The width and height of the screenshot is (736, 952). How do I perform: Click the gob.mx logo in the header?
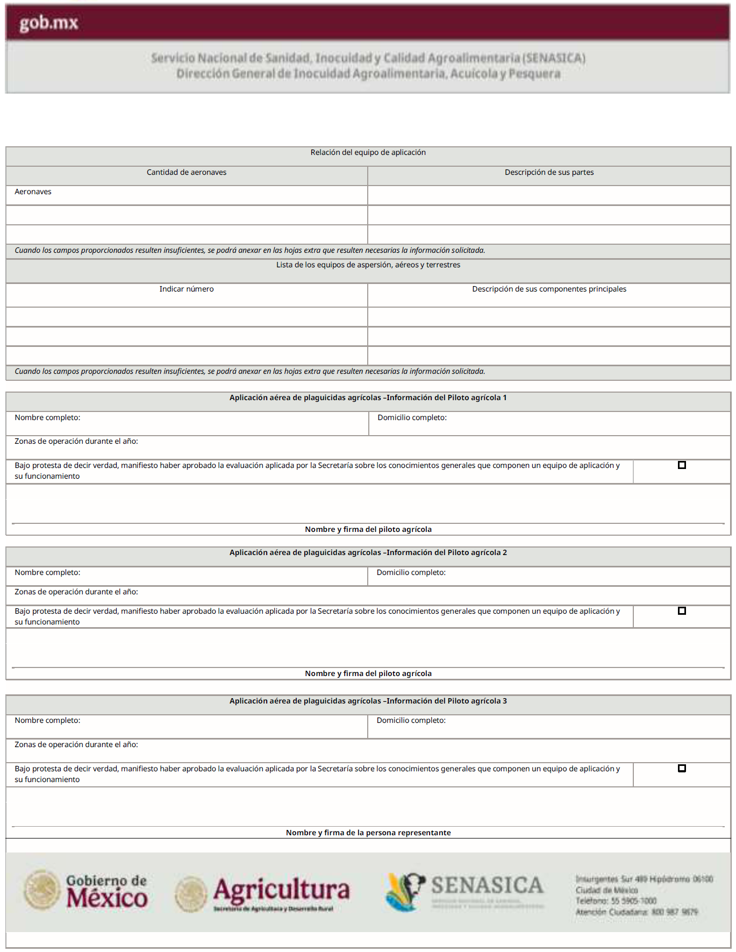pyautogui.click(x=49, y=23)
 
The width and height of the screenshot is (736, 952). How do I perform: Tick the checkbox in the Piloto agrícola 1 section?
pyautogui.click(x=682, y=465)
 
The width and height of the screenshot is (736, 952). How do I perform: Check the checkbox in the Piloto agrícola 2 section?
pyautogui.click(x=682, y=611)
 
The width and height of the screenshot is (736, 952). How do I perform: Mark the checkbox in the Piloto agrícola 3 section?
pyautogui.click(x=682, y=769)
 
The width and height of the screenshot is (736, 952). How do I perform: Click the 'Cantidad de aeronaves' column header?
pyautogui.click(x=187, y=173)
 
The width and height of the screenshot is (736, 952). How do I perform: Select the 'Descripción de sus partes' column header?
pyautogui.click(x=549, y=173)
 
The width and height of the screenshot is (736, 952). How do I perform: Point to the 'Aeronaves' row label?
pyautogui.click(x=33, y=192)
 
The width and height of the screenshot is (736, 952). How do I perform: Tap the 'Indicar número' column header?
pyautogui.click(x=187, y=289)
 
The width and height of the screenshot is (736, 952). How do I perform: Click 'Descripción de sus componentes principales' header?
pyautogui.click(x=549, y=289)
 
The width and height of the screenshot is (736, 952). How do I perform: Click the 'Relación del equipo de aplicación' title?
pyautogui.click(x=368, y=153)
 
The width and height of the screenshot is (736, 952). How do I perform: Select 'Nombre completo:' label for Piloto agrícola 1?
pyautogui.click(x=47, y=418)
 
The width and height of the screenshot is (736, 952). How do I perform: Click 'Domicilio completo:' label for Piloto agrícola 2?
pyautogui.click(x=411, y=573)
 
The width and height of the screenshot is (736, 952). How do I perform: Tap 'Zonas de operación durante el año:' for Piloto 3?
pyautogui.click(x=76, y=745)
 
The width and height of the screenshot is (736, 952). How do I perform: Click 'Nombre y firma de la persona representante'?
pyautogui.click(x=368, y=833)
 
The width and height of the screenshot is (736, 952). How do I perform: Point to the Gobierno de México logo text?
pyautogui.click(x=106, y=891)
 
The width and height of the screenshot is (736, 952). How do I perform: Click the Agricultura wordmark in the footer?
pyautogui.click(x=281, y=890)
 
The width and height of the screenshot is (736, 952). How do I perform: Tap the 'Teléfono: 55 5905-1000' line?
pyautogui.click(x=616, y=901)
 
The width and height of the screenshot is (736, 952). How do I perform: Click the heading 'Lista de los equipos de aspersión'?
pyautogui.click(x=368, y=265)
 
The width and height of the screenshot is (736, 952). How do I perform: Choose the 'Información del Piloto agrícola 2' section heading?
pyautogui.click(x=368, y=553)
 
